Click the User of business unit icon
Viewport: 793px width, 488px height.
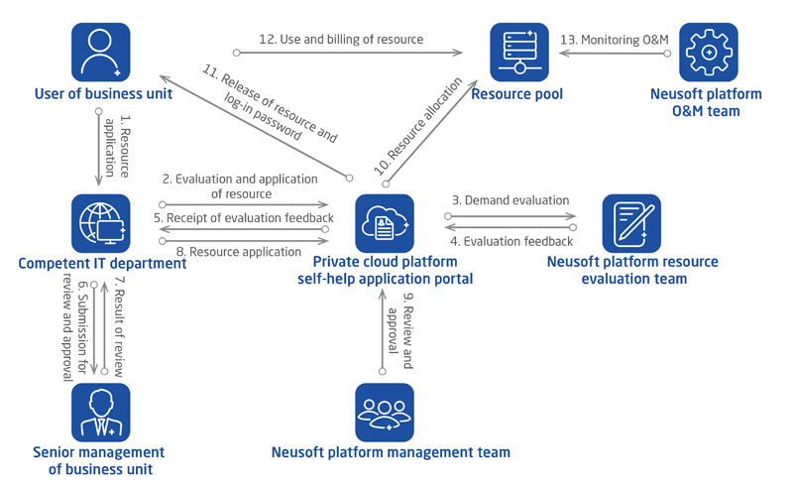pos(101,53)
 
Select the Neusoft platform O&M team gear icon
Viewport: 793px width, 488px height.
pos(708,53)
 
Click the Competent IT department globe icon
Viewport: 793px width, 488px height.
pos(101,223)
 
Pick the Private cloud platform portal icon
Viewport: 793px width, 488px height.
pos(385,223)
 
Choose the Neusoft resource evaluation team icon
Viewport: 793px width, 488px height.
pos(631,223)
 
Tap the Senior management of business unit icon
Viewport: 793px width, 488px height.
pos(101,412)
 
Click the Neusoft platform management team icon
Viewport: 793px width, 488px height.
pos(385,412)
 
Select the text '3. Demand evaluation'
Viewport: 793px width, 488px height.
pos(510,200)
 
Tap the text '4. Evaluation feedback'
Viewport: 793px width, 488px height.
pos(511,241)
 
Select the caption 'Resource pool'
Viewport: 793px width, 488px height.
pos(518,94)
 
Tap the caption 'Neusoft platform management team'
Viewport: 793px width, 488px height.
pos(391,452)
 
